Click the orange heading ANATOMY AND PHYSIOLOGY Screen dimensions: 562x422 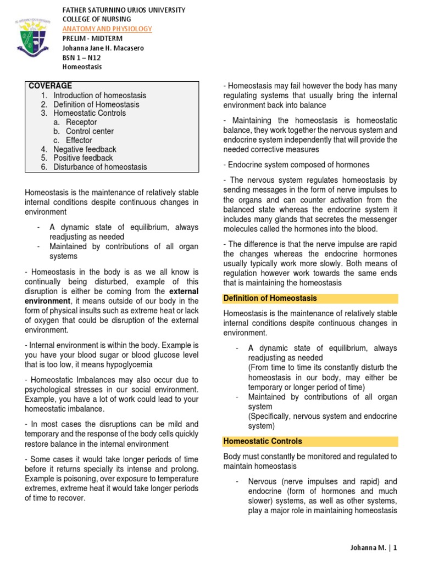click(107, 29)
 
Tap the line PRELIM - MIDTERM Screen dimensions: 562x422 click(91, 38)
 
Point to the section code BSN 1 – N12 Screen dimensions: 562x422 click(85, 58)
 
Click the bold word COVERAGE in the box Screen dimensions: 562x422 click(51, 86)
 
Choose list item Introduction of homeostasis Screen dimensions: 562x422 click(99, 95)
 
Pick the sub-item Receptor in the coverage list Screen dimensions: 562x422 click(81, 122)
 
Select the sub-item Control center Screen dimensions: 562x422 click(90, 131)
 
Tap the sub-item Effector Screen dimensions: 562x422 click(79, 140)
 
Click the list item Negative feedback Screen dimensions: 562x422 click(85, 149)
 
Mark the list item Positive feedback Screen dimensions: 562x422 click(83, 158)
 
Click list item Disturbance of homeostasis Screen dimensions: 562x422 click(100, 167)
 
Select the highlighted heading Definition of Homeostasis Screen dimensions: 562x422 click(270, 299)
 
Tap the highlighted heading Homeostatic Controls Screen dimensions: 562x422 click(263, 441)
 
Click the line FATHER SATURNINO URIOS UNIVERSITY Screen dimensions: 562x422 click(124, 10)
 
